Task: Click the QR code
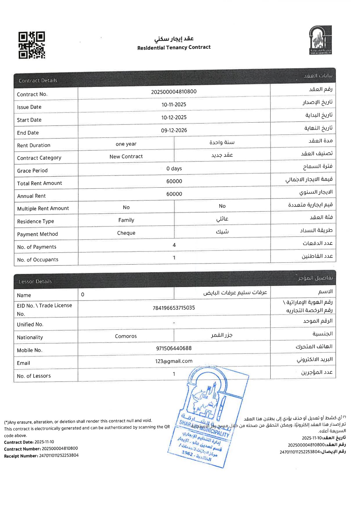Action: (x=32, y=45)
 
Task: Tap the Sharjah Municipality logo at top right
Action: (x=320, y=40)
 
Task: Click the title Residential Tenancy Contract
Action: (x=174, y=47)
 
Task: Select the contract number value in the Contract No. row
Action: (x=174, y=91)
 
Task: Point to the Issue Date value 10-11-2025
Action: (x=174, y=104)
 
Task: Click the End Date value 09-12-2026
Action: (x=174, y=130)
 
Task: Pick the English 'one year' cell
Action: (x=126, y=144)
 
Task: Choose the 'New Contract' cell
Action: (x=126, y=156)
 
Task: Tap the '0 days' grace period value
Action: (x=174, y=168)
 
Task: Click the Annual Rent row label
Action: (x=31, y=196)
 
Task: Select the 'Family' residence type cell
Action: (x=126, y=220)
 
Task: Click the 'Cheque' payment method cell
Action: (x=126, y=233)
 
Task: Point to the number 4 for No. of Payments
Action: (x=174, y=245)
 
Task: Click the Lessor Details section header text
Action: (x=35, y=281)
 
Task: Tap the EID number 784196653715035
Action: (x=174, y=308)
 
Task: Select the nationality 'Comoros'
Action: (x=126, y=336)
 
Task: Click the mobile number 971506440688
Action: (x=174, y=348)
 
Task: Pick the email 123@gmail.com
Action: (x=174, y=361)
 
